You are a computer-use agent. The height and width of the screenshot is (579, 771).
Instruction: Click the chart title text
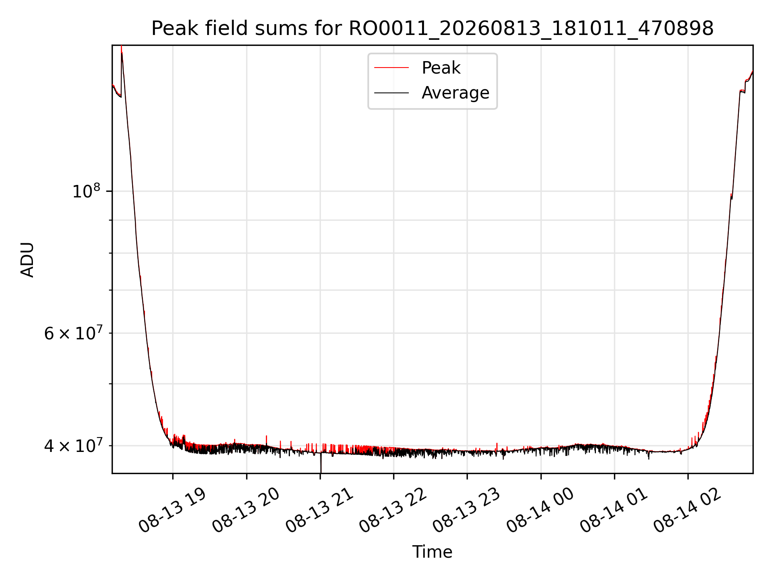tap(432, 29)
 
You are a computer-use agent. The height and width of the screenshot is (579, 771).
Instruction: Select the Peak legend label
tap(441, 68)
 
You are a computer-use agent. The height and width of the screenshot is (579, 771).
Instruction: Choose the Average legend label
tap(455, 93)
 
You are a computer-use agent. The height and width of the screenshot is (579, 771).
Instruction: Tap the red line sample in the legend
tap(392, 68)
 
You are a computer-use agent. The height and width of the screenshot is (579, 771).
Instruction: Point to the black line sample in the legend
tap(392, 93)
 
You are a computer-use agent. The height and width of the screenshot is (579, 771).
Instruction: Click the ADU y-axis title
tap(27, 260)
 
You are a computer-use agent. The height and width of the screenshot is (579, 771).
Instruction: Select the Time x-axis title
tap(432, 552)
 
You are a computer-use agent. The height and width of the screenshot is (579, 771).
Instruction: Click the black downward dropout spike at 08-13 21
tap(321, 463)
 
